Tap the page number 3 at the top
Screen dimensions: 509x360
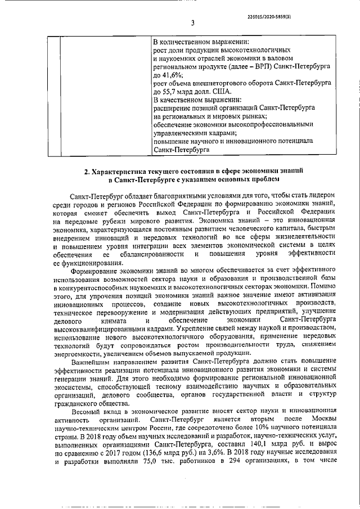click(192, 23)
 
